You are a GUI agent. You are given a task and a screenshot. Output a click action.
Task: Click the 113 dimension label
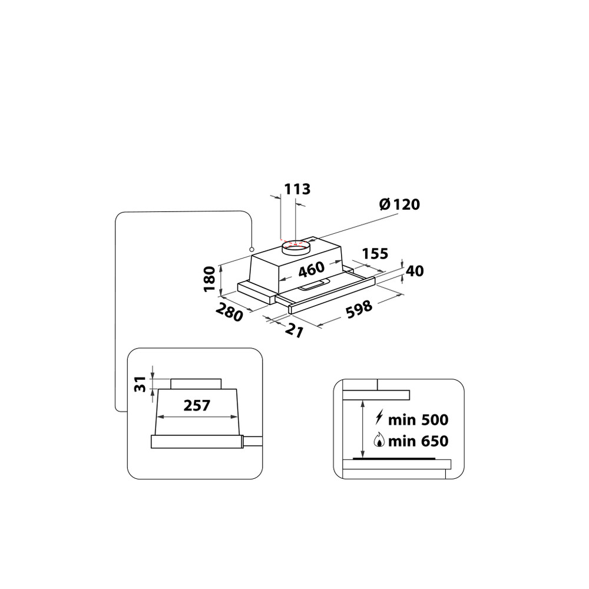tap(297, 189)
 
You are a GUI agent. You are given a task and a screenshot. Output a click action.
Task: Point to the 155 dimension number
tap(375, 254)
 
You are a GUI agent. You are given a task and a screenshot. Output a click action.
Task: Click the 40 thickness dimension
tap(415, 271)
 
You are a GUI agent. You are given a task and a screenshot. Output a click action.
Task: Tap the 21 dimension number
tap(294, 331)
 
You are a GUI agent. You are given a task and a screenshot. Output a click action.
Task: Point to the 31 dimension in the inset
tap(140, 383)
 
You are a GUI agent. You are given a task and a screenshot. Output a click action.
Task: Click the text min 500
tap(419, 420)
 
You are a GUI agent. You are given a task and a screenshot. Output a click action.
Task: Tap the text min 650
tap(419, 441)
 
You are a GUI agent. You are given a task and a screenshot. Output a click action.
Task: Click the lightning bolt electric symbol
tap(379, 419)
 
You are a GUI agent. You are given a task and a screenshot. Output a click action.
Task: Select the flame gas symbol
tap(379, 441)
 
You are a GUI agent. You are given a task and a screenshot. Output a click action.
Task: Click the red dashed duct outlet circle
tap(297, 243)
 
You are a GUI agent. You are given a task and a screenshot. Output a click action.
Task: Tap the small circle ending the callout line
tap(252, 249)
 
